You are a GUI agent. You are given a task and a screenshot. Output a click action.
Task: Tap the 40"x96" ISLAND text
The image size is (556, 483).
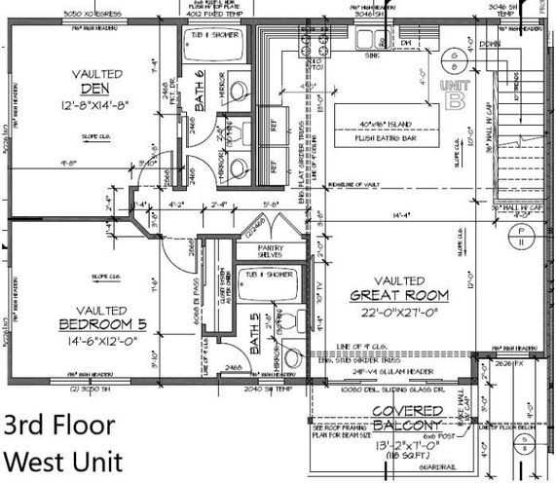pos(389,124)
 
